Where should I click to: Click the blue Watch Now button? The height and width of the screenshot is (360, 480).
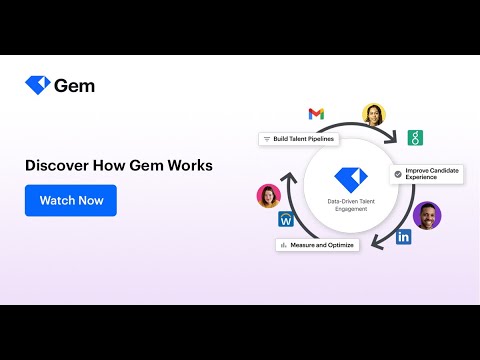pos(71,200)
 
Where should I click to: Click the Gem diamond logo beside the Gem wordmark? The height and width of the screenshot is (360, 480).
pos(38,85)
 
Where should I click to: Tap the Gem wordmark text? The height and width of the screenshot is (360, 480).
pos(74,86)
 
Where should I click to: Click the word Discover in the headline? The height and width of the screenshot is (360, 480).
pos(57,165)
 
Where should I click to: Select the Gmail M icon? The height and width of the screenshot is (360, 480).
pos(316,114)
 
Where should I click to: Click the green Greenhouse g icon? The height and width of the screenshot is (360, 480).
pos(415,138)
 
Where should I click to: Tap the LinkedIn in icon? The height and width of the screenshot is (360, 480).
pos(403,237)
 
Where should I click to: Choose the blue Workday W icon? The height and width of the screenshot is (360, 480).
pos(286,219)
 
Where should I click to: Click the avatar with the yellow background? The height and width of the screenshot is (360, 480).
pos(374,115)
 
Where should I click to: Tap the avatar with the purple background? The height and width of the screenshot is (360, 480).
pos(427,216)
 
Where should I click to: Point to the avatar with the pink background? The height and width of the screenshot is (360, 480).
pos(269,196)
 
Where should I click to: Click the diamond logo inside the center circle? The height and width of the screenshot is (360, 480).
pos(351,180)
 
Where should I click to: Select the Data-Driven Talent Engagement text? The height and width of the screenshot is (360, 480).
pos(351,205)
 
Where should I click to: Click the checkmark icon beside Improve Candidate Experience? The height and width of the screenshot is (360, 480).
pos(398,174)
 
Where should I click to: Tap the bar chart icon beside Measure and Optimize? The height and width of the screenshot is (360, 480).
pos(284,245)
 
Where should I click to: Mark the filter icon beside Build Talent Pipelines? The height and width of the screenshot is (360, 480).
pos(267,139)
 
